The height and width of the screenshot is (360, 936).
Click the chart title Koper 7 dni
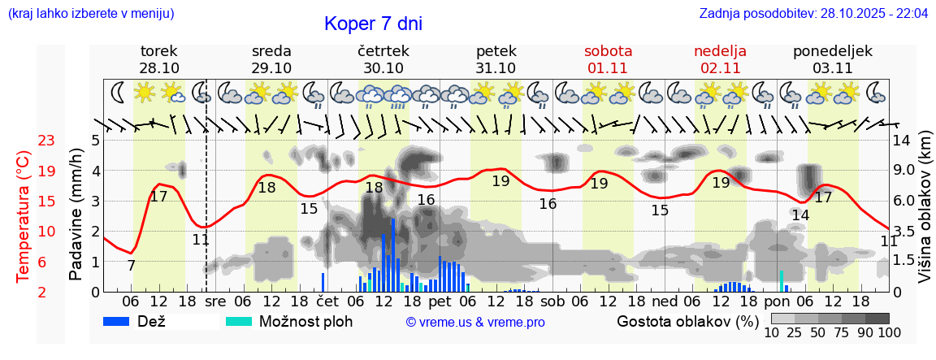point(373,24)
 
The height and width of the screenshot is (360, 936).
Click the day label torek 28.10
point(159,59)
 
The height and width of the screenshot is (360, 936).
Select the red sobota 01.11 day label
point(608,59)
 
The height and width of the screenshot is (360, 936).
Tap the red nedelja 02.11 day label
point(720,59)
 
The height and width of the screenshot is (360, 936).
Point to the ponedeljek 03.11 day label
point(833,59)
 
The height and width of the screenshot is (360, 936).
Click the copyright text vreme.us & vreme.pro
point(475,322)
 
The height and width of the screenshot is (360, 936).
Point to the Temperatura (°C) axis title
point(24,216)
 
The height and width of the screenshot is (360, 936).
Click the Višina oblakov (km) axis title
point(925,217)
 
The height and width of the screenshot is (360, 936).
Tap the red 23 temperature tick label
point(46,141)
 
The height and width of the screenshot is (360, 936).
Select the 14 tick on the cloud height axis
point(902,141)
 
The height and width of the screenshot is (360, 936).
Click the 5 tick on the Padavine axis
point(94,141)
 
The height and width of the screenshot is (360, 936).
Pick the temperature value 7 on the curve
point(132,265)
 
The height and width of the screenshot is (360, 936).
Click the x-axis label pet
point(440,301)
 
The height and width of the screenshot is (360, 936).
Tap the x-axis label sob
point(552,301)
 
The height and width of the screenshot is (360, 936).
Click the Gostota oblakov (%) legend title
point(687,321)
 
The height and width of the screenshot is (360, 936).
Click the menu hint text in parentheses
point(90,14)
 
